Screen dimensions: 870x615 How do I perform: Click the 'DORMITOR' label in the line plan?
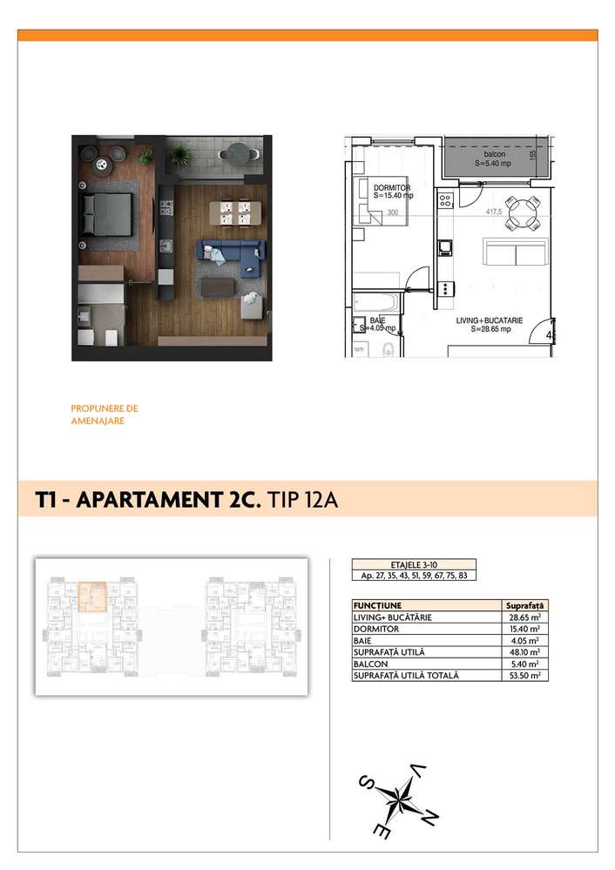point(391,187)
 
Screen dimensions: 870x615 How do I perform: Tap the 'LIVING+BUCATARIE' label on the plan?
point(490,320)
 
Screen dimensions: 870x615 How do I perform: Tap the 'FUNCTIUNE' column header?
point(377,604)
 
